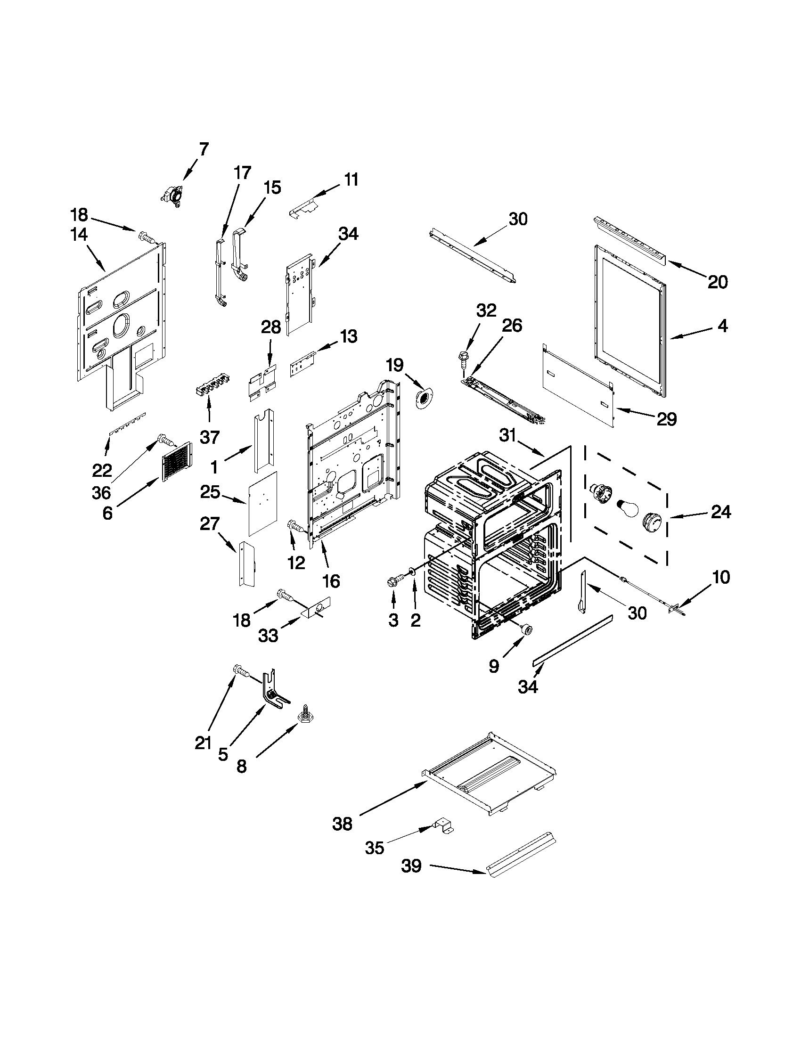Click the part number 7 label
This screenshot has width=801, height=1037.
(204, 149)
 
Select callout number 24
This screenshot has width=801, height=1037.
(720, 512)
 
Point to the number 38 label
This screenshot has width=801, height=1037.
(343, 825)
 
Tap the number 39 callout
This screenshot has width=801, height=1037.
(411, 866)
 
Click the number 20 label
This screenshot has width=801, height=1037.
(718, 282)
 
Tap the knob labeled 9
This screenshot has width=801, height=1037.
(526, 630)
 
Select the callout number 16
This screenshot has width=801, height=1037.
(331, 581)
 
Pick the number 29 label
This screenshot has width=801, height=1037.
(667, 419)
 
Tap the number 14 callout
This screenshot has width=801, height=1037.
(79, 235)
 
